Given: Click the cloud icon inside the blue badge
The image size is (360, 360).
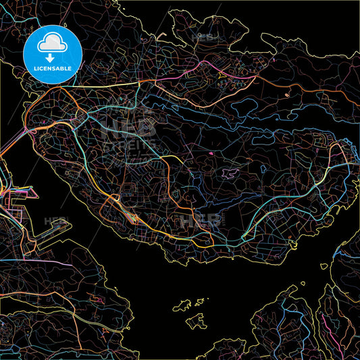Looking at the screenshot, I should pos(52,45).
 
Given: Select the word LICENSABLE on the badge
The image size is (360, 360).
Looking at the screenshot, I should pos(53,70).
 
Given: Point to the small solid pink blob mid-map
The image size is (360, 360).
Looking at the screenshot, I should pos(211,155).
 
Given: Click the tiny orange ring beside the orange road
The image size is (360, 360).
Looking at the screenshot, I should pos(286,95).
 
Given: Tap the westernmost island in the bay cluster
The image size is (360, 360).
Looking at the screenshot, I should pos(183,305).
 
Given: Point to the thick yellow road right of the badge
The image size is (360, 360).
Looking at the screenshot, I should pos(108,86).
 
